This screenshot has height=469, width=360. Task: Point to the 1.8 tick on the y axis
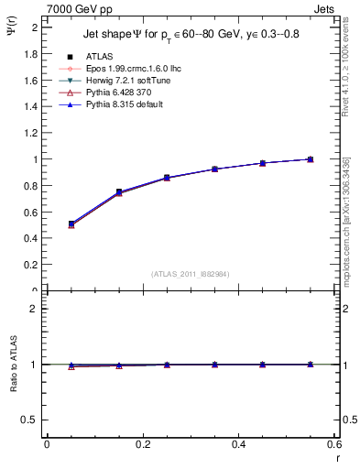pyautogui.click(x=31, y=54)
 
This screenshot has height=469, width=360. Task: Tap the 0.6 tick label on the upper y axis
pyautogui.click(x=31, y=212)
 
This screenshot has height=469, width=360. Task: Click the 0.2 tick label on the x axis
pyautogui.click(x=143, y=444)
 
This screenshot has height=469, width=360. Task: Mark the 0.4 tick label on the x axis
pyautogui.click(x=239, y=444)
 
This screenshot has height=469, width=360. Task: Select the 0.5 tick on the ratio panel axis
pyautogui.click(x=30, y=420)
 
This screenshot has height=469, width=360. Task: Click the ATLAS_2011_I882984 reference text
pyautogui.click(x=191, y=274)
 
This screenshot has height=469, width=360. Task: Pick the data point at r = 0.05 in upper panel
pyautogui.click(x=71, y=224)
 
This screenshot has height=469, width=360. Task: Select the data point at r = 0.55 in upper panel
pyautogui.click(x=311, y=159)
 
